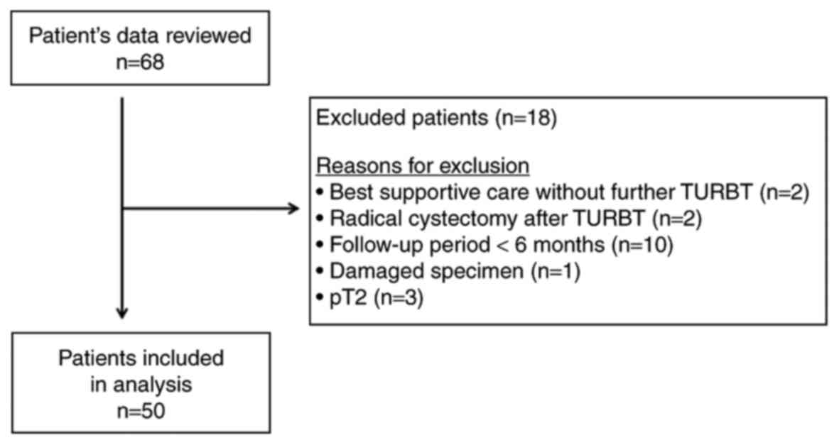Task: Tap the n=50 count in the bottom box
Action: [x=141, y=411]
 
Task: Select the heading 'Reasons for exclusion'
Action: [x=422, y=166]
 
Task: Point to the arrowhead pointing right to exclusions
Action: [x=292, y=209]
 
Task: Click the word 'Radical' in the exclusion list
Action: [x=356, y=219]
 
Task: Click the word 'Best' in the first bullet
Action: [x=345, y=192]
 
